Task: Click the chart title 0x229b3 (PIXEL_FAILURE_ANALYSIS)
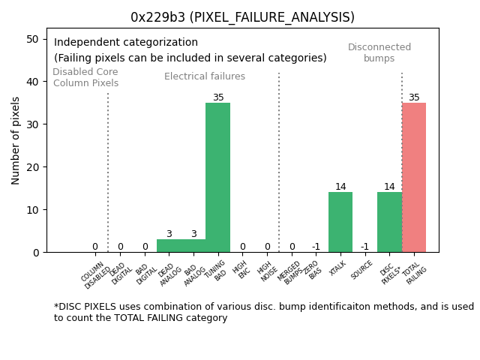click(x=242, y=17)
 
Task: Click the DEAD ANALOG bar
click(x=169, y=246)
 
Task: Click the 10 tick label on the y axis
click(x=33, y=210)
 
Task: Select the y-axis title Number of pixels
click(x=16, y=140)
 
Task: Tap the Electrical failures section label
click(x=205, y=76)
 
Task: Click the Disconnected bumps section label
click(x=379, y=52)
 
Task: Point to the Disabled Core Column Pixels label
click(x=85, y=77)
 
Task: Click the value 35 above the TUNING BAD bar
click(x=218, y=97)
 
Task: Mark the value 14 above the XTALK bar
click(x=340, y=187)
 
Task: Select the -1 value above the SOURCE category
click(x=364, y=247)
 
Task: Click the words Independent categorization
click(x=126, y=43)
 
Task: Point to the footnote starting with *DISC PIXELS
click(x=263, y=312)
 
